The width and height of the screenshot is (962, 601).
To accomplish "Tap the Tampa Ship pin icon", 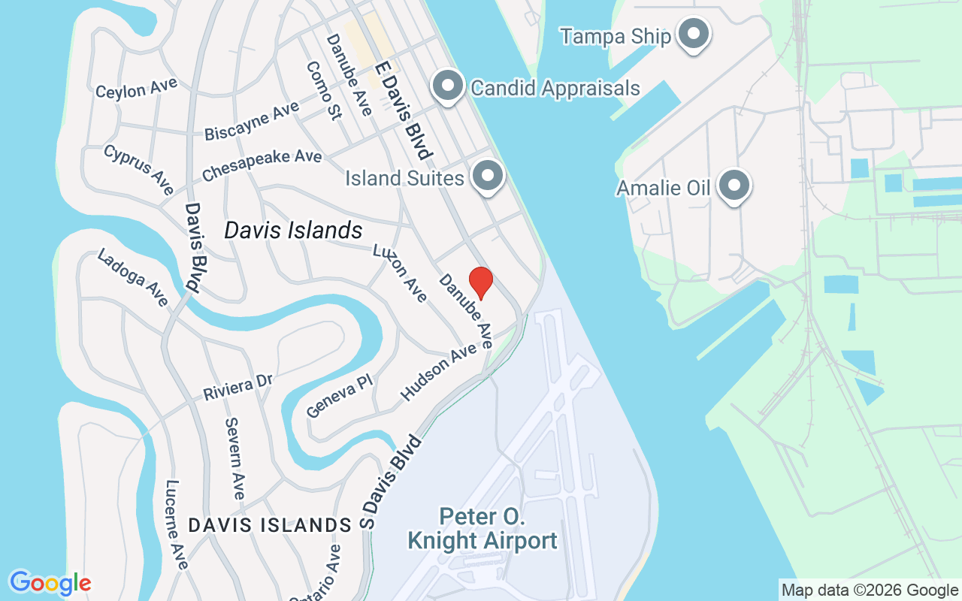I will [x=694, y=34].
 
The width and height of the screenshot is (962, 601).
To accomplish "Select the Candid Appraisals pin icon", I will [x=448, y=86].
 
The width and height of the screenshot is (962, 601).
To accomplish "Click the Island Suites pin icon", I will [x=488, y=177].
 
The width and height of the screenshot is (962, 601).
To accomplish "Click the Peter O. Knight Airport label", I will [x=482, y=528].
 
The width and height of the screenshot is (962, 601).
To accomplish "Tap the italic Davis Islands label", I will [x=293, y=231].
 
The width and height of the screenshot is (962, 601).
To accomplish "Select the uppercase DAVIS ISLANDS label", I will [x=270, y=525].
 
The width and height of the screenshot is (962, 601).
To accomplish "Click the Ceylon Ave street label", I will [x=136, y=88].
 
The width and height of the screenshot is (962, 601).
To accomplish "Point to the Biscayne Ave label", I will [x=252, y=121].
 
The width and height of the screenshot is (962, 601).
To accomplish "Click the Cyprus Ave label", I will [x=139, y=169].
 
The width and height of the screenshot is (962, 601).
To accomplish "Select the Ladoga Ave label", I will [x=133, y=278].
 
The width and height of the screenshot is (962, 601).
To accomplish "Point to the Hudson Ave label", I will [x=439, y=371].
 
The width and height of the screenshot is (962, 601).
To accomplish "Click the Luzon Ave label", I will [x=400, y=273].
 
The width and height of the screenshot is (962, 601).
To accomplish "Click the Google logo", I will [x=50, y=582].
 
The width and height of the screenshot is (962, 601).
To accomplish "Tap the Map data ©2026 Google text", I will [x=870, y=590].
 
